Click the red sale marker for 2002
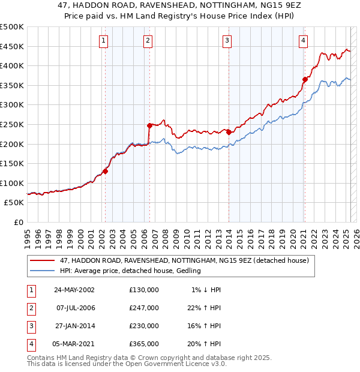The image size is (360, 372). pos(105,171)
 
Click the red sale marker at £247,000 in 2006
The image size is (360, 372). pos(149,125)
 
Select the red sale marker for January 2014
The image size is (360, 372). pos(229,132)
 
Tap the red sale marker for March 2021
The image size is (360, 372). pos(305,79)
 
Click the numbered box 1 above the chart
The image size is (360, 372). pos(104,41)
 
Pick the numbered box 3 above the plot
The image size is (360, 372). pos(227,41)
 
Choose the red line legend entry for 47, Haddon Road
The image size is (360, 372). pos(184,260)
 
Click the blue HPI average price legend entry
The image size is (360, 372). pos(130,271)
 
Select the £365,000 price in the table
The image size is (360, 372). pos(144,344)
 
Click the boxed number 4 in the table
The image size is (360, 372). pos(30,344)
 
